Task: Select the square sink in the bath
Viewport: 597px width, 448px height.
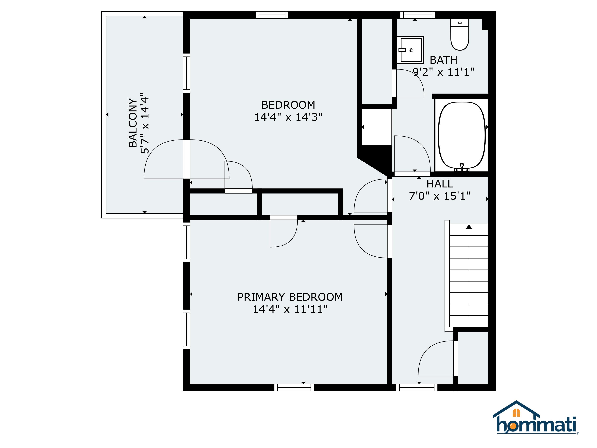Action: coord(410,50)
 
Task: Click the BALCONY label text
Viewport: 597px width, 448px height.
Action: coord(133,123)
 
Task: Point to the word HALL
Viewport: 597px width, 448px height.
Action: coord(440,184)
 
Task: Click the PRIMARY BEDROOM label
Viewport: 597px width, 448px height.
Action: coord(290,297)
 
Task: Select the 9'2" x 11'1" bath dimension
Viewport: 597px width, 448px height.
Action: coord(443,72)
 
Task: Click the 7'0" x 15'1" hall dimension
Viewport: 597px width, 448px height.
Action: coord(440,196)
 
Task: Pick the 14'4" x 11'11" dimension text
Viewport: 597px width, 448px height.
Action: coord(290,309)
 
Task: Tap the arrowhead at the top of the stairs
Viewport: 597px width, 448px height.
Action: coord(469,226)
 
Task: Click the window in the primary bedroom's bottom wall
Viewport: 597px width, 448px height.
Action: coord(294,387)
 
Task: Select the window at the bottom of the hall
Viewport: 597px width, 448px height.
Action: coord(417,387)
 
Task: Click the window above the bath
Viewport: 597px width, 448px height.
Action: coord(418,15)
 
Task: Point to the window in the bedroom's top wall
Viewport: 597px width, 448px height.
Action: coord(272,15)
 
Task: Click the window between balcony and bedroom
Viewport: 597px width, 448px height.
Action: coord(186,73)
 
